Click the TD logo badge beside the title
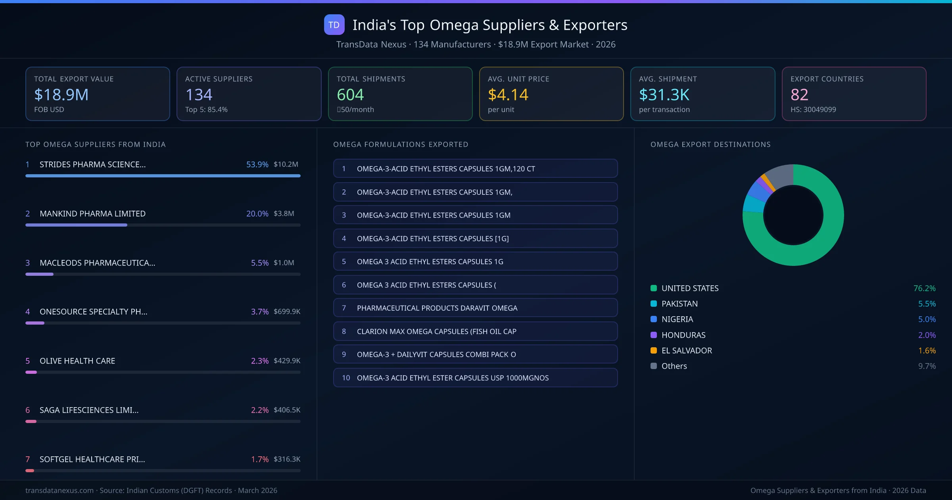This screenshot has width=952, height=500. (334, 25)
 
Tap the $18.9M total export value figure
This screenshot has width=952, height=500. (61, 94)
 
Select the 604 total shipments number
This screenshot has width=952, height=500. (350, 94)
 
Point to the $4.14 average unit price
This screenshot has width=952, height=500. (508, 94)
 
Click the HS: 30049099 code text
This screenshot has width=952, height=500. (813, 110)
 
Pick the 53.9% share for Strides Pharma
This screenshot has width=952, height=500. (257, 164)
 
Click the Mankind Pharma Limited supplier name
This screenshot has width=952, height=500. (92, 213)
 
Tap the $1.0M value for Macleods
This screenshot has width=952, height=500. (284, 263)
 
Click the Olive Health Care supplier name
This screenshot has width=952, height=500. (77, 361)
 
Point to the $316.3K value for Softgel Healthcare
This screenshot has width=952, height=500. (286, 459)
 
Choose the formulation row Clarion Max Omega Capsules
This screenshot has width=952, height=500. (475, 331)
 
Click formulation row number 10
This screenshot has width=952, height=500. (475, 378)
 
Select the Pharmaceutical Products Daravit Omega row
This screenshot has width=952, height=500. (475, 308)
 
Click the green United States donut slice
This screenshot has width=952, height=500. (825, 238)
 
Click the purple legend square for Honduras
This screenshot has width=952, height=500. (654, 335)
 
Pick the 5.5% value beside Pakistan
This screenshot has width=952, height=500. (927, 304)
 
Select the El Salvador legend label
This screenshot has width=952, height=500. (687, 350)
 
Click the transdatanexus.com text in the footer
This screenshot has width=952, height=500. (59, 490)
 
